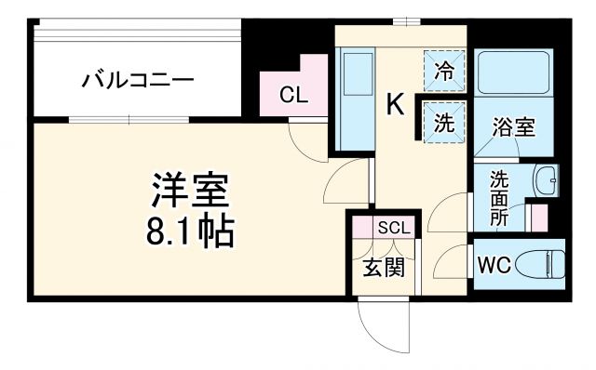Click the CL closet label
[x=291, y=94]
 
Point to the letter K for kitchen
[x=395, y=105]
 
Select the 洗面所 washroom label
[x=499, y=197]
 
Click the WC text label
[x=494, y=264]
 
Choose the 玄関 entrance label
[x=383, y=268]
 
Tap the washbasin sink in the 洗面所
[x=546, y=178]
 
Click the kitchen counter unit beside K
[x=353, y=98]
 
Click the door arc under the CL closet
[x=305, y=140]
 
